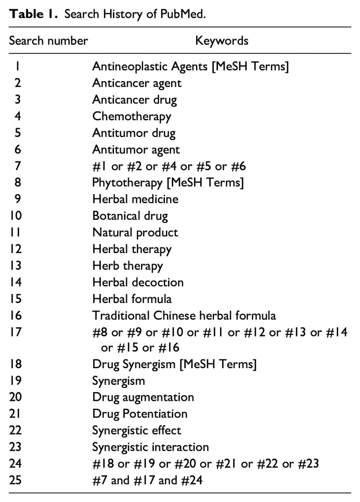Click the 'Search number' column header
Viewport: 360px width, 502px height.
point(48,41)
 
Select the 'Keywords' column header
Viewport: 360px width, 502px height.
point(222,41)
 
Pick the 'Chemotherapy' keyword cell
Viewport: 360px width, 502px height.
point(132,116)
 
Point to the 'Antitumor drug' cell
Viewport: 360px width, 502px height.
point(134,133)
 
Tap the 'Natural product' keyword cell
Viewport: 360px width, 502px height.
point(135,232)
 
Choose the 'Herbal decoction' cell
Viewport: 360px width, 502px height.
point(138,282)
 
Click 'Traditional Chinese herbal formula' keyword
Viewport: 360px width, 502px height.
point(184,315)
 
